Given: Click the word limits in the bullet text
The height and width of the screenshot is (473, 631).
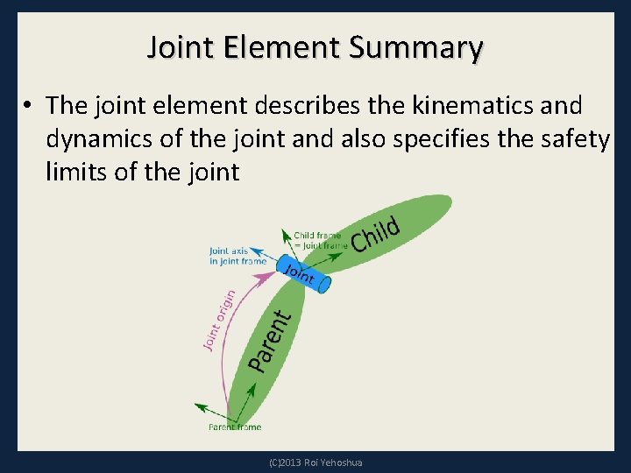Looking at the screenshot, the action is pos(76,173).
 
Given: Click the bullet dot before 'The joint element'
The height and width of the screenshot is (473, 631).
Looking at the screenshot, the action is pos(29,107).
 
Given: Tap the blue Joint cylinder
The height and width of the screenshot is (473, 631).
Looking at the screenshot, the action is pos(304,274).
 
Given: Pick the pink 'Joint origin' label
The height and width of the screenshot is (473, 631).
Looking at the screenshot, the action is pos(219,320).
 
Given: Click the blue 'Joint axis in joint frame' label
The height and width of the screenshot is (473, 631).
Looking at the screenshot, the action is pos(238,256).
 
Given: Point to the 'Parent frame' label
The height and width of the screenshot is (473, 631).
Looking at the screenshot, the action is pos(235,427).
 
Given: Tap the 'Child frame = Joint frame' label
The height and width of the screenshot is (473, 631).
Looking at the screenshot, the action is pos(320,240).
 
